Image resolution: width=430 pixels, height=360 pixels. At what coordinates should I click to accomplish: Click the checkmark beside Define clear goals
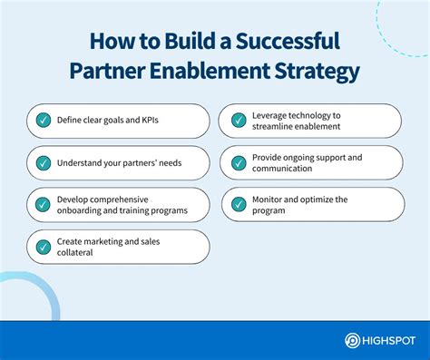pos(43,121)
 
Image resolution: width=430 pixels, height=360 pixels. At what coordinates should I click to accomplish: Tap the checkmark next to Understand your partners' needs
pos(43,162)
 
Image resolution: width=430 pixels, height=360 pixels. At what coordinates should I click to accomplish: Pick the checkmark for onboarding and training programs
pos(43,204)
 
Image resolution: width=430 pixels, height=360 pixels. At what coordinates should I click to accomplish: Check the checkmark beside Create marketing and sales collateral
pos(43,246)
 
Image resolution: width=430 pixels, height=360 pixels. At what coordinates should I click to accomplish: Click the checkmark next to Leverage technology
pos(239,121)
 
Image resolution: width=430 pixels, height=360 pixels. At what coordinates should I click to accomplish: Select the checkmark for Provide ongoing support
pos(239,162)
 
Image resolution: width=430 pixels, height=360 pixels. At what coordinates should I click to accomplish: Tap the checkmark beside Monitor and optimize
pos(239,204)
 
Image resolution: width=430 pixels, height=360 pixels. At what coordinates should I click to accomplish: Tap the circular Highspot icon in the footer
pos(352,340)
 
